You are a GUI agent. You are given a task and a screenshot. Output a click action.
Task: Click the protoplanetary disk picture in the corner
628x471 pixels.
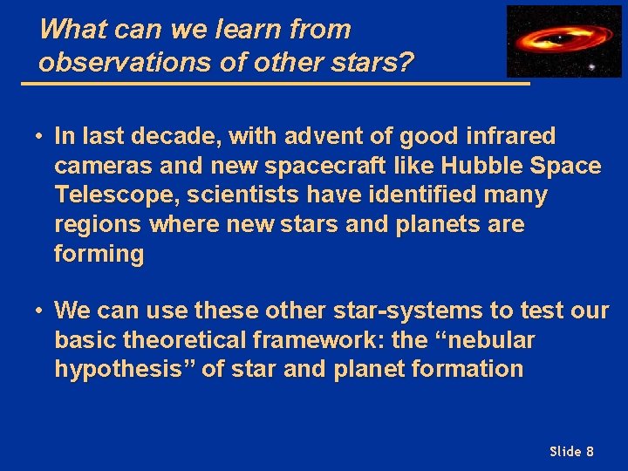pos(563,41)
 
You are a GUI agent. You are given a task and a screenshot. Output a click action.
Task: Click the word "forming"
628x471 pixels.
pos(99,255)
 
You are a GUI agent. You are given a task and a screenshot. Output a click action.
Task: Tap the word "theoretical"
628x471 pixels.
pos(195,339)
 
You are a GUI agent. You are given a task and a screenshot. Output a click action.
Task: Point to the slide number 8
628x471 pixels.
pos(590,451)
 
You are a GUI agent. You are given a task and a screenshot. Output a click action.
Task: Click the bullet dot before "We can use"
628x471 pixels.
pos(40,311)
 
